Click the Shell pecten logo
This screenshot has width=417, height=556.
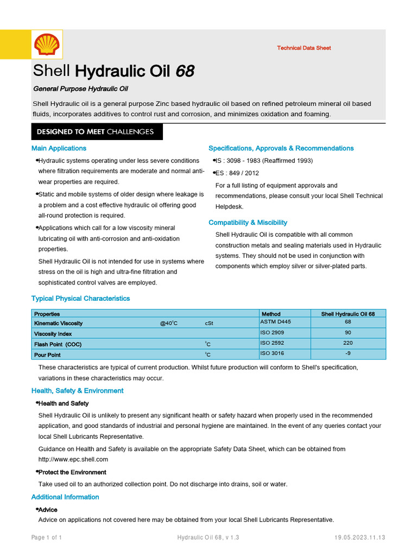(46, 45)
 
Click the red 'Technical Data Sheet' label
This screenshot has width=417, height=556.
(304, 48)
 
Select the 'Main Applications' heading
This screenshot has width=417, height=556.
(59, 148)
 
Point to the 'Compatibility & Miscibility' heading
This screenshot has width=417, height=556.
(248, 223)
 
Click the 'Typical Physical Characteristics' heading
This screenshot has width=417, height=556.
(80, 299)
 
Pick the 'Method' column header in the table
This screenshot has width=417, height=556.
(271, 314)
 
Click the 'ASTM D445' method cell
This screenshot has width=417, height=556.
(276, 322)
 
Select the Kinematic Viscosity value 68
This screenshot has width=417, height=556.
(348, 322)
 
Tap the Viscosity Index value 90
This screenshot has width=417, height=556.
(348, 333)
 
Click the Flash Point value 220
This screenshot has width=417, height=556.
(348, 343)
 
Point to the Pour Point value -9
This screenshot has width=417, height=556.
(348, 353)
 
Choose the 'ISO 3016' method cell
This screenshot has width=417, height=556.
(272, 353)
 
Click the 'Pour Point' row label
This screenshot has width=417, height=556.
(47, 355)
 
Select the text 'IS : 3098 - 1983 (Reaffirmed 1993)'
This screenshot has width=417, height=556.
(264, 161)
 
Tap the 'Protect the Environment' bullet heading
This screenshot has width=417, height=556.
(72, 472)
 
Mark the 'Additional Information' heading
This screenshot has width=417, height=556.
(65, 497)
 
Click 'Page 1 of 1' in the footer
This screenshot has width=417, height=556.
(46, 538)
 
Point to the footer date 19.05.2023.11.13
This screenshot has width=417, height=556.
(359, 538)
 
